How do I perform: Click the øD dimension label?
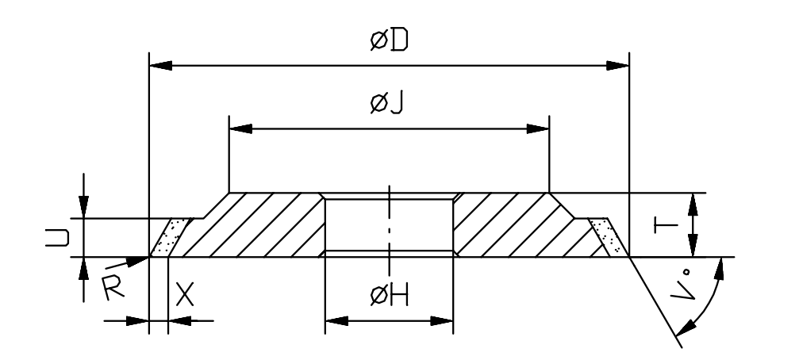click(389, 40)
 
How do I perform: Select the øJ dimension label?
click(386, 103)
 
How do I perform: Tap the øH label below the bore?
click(390, 296)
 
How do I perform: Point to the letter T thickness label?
click(666, 224)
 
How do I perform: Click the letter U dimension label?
click(57, 238)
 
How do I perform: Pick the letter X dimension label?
click(185, 295)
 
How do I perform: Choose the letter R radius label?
click(113, 288)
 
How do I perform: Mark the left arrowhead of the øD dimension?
click(160, 66)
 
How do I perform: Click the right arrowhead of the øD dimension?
click(617, 66)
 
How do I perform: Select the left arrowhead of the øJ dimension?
click(240, 128)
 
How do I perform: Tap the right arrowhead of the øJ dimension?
click(538, 128)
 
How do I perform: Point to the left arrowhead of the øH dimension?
click(336, 321)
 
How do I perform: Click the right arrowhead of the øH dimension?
click(442, 321)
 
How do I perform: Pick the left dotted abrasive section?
click(171, 237)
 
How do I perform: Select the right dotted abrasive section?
click(608, 237)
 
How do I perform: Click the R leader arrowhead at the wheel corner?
click(137, 261)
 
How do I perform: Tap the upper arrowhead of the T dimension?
click(693, 205)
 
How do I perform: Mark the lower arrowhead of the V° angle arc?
click(686, 328)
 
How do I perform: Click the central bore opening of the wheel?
click(389, 224)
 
